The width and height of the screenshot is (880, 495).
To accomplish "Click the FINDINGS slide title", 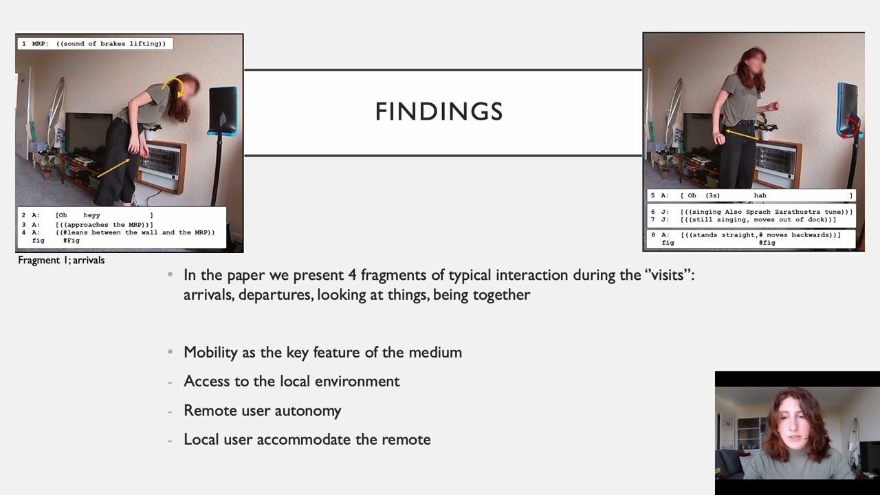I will [439, 111].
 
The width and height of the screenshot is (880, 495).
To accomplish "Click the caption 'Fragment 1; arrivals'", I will [61, 260].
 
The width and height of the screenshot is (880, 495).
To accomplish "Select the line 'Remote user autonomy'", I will [262, 410].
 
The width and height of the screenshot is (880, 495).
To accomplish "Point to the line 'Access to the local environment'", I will [291, 381].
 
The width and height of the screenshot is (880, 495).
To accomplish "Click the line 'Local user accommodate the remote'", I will [307, 439].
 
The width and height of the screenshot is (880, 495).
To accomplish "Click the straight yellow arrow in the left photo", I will [113, 168].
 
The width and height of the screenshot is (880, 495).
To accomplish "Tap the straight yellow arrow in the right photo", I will [743, 134].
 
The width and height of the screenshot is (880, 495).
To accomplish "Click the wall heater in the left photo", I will [162, 164].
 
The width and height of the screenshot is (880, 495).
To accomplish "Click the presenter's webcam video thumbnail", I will [797, 433].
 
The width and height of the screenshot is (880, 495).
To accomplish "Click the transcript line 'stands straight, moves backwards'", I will [760, 235].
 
